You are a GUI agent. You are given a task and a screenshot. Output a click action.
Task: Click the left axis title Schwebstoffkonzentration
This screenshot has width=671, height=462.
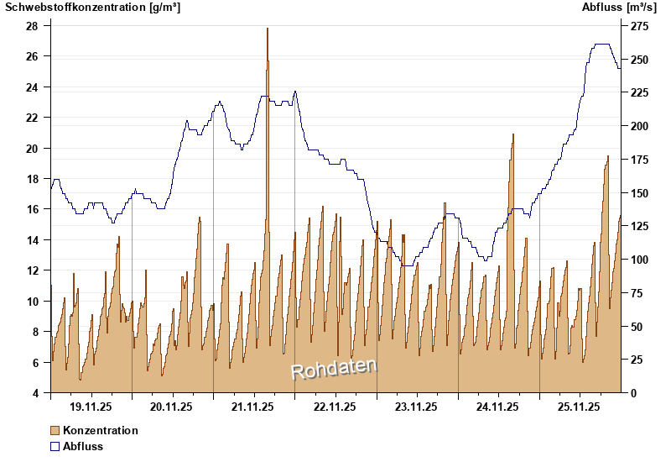(92, 8)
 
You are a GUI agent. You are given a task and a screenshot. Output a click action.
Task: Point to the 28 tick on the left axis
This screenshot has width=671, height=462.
(32, 26)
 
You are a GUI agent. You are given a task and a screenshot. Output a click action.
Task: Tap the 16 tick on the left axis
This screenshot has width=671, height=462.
(32, 209)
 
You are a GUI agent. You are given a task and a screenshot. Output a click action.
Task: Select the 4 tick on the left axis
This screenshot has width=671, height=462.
(35, 393)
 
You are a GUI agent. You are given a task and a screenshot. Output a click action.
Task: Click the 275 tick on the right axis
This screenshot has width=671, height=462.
(639, 27)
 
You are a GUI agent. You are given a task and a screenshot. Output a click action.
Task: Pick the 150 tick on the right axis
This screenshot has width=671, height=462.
(639, 193)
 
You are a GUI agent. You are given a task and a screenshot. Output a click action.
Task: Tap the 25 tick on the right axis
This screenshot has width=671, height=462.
(636, 360)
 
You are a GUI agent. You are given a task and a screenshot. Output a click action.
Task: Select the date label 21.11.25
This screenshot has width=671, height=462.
(254, 407)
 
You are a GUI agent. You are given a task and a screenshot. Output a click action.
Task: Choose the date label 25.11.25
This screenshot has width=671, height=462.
(580, 407)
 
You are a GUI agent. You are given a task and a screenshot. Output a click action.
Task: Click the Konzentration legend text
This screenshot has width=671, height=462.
(101, 430)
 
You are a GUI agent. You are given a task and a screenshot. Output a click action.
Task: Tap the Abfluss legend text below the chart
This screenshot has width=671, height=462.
(83, 446)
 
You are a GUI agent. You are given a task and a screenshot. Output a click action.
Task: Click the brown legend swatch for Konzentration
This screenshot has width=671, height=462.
(55, 430)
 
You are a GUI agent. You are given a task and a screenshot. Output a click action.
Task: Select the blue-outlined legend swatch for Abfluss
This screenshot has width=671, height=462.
(55, 446)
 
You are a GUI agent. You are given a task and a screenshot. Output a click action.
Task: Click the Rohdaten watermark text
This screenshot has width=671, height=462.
(334, 369)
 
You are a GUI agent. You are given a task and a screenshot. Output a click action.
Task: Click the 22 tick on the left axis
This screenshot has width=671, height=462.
(32, 118)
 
